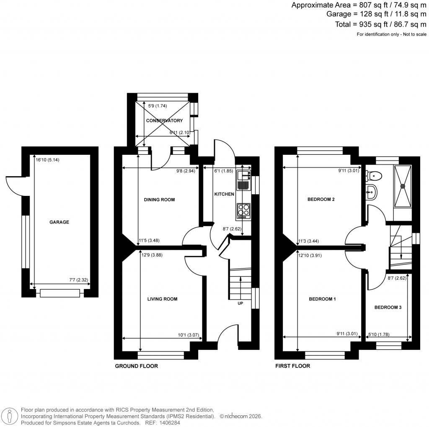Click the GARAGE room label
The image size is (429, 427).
click(59, 222)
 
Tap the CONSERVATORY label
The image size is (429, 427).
click(164, 120)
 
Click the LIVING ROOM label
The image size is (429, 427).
click(162, 299)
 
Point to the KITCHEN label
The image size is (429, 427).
click(224, 194)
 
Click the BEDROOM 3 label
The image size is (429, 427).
click(388, 307)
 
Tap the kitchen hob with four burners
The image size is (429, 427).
click(243, 211)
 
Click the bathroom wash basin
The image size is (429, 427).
click(371, 193)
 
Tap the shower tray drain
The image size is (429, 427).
click(403, 185)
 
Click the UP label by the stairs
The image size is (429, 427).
click(240, 303)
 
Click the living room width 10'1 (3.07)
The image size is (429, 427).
click(188, 335)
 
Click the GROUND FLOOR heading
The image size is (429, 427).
click(137, 366)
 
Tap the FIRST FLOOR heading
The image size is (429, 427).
click(292, 366)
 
